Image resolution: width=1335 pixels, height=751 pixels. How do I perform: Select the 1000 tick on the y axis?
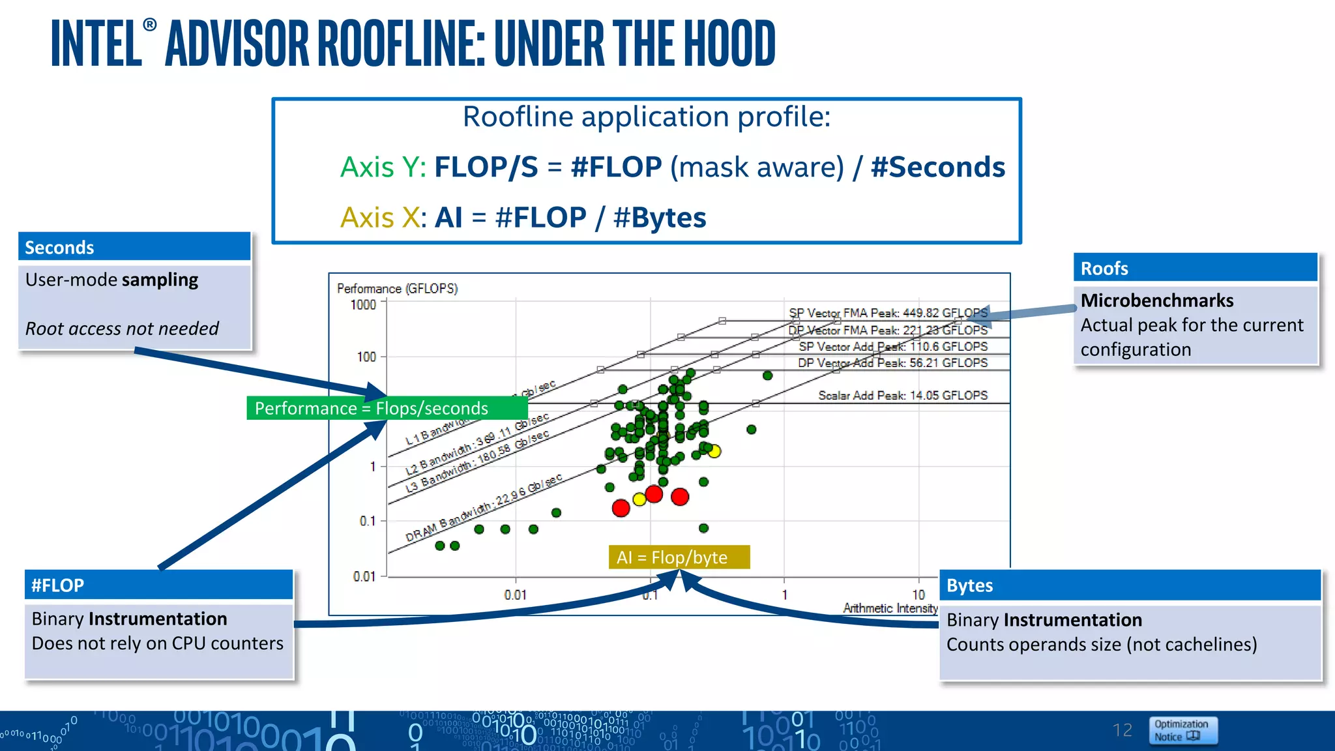(363, 304)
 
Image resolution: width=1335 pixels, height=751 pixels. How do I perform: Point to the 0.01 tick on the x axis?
(515, 595)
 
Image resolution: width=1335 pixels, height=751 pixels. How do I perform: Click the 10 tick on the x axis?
(918, 595)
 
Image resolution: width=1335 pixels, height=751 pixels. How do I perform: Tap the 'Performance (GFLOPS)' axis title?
(397, 288)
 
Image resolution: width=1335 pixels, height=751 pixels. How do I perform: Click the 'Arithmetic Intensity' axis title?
(890, 608)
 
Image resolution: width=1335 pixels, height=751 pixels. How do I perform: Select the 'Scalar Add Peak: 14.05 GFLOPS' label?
(903, 395)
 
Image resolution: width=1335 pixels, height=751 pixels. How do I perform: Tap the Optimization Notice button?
(1182, 730)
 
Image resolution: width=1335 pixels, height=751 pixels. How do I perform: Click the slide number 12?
(1122, 730)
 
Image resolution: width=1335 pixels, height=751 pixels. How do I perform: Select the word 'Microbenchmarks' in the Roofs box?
(1157, 301)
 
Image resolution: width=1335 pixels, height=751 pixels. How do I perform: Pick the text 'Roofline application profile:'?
(647, 117)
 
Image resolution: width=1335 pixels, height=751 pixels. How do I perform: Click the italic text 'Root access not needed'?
(122, 328)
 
